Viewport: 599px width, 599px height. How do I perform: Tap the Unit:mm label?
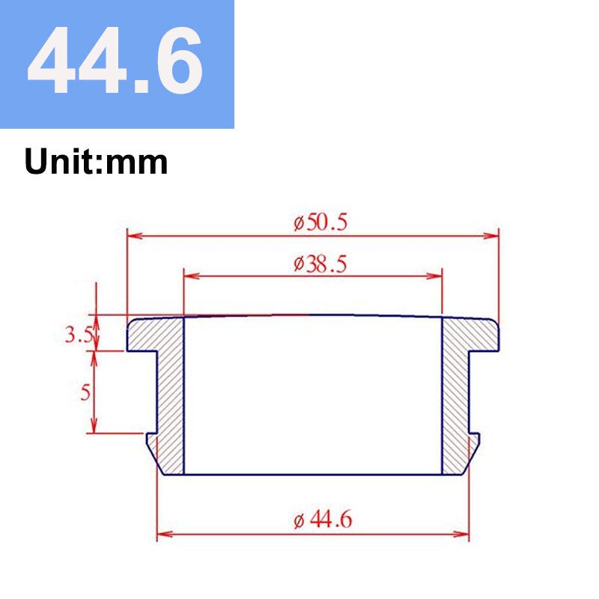point(96,162)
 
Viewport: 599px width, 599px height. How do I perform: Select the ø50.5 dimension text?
point(320,222)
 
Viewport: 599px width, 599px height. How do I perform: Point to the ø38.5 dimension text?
point(320,264)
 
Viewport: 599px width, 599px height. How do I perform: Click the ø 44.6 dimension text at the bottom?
point(323,520)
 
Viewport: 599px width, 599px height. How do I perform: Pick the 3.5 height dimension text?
point(79,335)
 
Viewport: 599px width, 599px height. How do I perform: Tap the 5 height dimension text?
point(85,392)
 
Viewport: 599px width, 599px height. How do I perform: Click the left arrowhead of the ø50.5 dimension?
point(135,235)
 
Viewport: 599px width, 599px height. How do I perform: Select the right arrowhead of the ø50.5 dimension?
point(491,235)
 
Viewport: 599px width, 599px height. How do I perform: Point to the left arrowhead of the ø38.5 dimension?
point(192,276)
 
